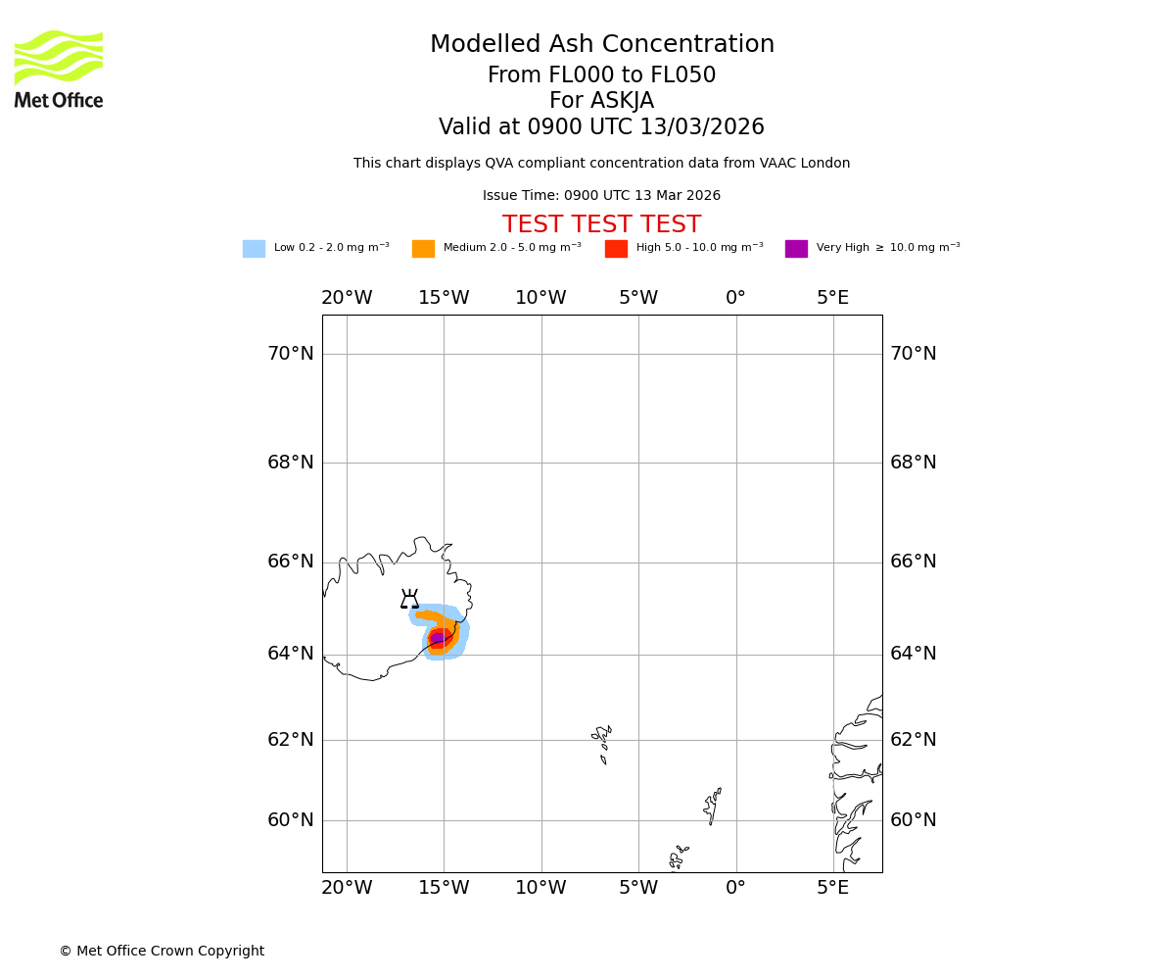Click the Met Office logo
tap(59, 70)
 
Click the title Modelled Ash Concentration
tap(602, 45)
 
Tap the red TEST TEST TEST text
tap(601, 225)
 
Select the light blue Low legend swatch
tap(254, 249)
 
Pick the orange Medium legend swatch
tap(423, 249)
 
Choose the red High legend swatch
tap(616, 249)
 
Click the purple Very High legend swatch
tap(796, 249)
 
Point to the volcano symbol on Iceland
tap(409, 600)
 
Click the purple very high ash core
tap(437, 638)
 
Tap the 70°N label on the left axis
tap(291, 354)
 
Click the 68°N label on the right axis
tap(913, 463)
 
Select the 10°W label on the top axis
tap(540, 298)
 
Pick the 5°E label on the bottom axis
tap(833, 888)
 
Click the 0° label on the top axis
tap(735, 298)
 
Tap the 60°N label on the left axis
tap(291, 820)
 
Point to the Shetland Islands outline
tap(712, 806)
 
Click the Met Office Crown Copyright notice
tap(162, 951)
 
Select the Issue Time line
tap(601, 196)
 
